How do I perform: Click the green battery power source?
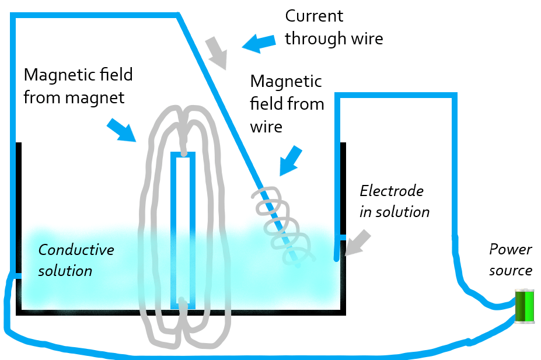pyautogui.click(x=525, y=305)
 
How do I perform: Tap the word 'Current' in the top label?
pyautogui.click(x=314, y=16)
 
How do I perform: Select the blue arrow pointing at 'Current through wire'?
pyautogui.click(x=258, y=43)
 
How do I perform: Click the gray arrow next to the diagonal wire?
pyautogui.click(x=217, y=52)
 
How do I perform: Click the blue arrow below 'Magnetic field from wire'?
pyautogui.click(x=290, y=160)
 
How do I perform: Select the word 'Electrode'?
pyautogui.click(x=391, y=191)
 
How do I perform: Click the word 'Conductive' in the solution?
pyautogui.click(x=76, y=250)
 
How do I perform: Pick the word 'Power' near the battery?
pyautogui.click(x=510, y=250)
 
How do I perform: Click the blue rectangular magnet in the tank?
pyautogui.click(x=183, y=230)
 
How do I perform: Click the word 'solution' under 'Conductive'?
pyautogui.click(x=65, y=271)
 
